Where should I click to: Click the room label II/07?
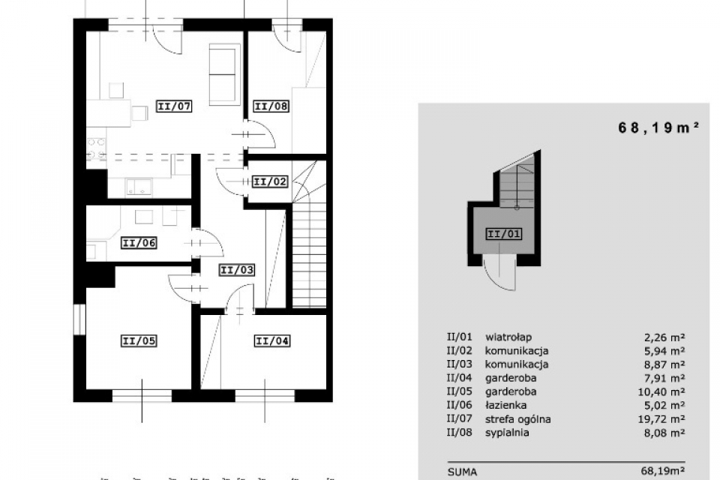[174, 106]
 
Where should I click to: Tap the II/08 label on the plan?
[271, 106]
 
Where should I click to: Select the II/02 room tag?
[271, 181]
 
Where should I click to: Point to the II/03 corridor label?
[237, 270]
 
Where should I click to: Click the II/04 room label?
[272, 340]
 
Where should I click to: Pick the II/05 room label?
[139, 340]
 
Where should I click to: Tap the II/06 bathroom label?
[139, 242]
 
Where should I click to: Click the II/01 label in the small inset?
[504, 234]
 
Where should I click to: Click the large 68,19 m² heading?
[658, 127]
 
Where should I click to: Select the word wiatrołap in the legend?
[508, 337]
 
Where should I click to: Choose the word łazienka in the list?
[505, 405]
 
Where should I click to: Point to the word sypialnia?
[507, 433]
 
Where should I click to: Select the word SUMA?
[463, 472]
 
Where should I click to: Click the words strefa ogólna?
[518, 419]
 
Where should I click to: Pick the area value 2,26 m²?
[664, 337]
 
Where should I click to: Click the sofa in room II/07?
[224, 74]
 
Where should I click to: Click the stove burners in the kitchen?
[97, 148]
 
